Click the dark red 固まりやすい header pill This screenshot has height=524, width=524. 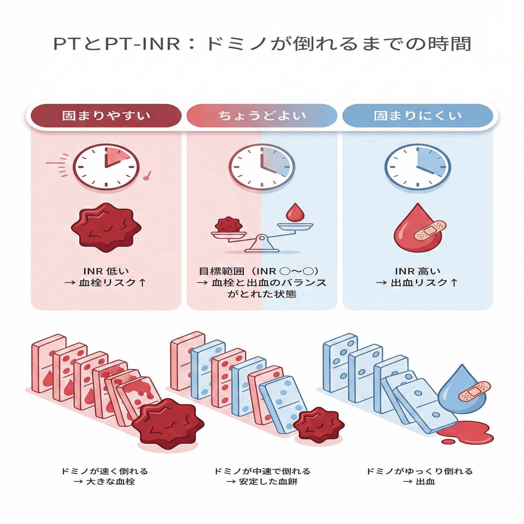pyautogui.click(x=106, y=116)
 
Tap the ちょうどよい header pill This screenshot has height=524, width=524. pyautogui.click(x=262, y=116)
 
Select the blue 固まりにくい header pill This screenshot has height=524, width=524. pyautogui.click(x=418, y=116)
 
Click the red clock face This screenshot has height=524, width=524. pyautogui.click(x=106, y=167)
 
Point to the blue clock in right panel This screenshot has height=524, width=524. pyautogui.click(x=418, y=167)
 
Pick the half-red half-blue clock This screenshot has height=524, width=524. pyautogui.click(x=262, y=167)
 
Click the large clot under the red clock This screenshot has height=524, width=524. pyautogui.click(x=106, y=227)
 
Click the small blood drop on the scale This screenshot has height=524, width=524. pyautogui.click(x=295, y=212)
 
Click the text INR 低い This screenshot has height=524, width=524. pyautogui.click(x=106, y=271)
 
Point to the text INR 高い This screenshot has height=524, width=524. pyautogui.click(x=418, y=271)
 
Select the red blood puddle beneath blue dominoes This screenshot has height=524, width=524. pyautogui.click(x=465, y=432)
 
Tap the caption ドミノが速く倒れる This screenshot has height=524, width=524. pyautogui.click(x=105, y=471)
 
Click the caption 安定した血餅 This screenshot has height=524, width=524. pyautogui.click(x=268, y=482)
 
